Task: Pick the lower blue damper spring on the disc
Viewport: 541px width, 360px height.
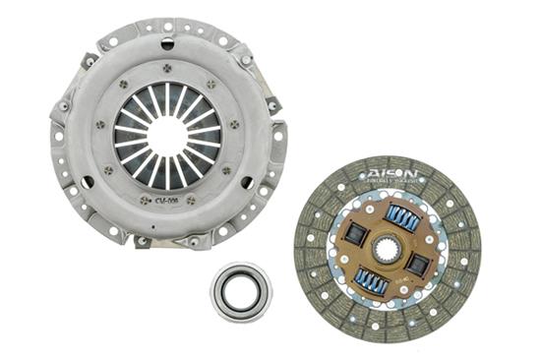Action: point(371,282)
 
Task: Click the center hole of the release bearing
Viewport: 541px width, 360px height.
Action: point(240,290)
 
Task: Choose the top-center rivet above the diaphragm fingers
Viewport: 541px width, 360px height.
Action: point(166,67)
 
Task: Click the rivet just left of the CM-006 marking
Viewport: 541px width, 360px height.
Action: point(144,200)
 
